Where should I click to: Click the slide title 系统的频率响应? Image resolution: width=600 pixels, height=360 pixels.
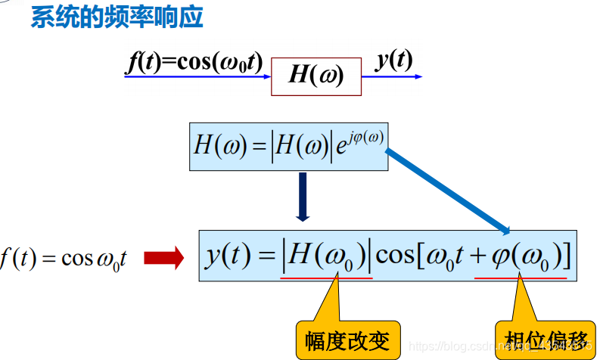117,17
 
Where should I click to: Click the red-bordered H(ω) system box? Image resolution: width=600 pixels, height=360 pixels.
316,75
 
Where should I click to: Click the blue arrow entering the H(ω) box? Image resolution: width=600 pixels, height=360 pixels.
227,76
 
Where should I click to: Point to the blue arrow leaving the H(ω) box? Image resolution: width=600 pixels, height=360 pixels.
398,76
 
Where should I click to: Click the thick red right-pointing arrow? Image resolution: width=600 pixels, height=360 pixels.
163,259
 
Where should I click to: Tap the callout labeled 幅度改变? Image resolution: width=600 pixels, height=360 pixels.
347,340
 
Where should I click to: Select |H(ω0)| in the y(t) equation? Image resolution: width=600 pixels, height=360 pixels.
326,256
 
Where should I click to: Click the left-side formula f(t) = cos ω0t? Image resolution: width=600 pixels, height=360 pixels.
64,259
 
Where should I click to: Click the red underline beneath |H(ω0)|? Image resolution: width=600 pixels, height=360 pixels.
326,278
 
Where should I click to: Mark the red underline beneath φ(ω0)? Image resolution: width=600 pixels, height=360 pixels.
521,278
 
